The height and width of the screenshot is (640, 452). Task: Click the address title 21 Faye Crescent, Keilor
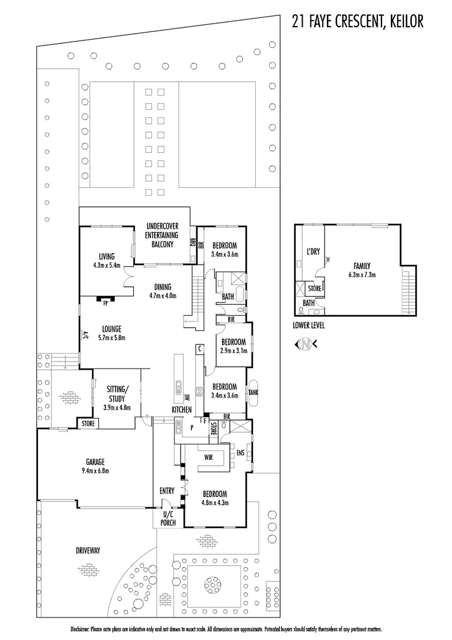click(x=357, y=22)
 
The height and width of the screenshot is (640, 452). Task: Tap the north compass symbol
click(x=306, y=344)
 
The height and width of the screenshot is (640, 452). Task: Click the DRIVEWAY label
click(x=88, y=551)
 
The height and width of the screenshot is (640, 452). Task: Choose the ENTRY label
click(x=166, y=491)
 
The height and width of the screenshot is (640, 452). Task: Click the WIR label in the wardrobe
click(x=209, y=457)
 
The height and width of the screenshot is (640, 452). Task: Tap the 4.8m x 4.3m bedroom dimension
click(x=215, y=502)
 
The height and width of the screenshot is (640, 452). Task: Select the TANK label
click(x=253, y=392)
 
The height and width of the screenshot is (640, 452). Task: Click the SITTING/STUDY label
click(x=117, y=393)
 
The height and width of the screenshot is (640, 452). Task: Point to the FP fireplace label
click(x=105, y=303)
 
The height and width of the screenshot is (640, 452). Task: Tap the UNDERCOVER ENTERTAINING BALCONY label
click(x=159, y=235)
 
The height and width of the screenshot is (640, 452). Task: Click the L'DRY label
click(x=313, y=252)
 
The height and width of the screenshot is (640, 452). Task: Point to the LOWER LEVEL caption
click(x=309, y=326)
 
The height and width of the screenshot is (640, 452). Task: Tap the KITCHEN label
click(x=181, y=409)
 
